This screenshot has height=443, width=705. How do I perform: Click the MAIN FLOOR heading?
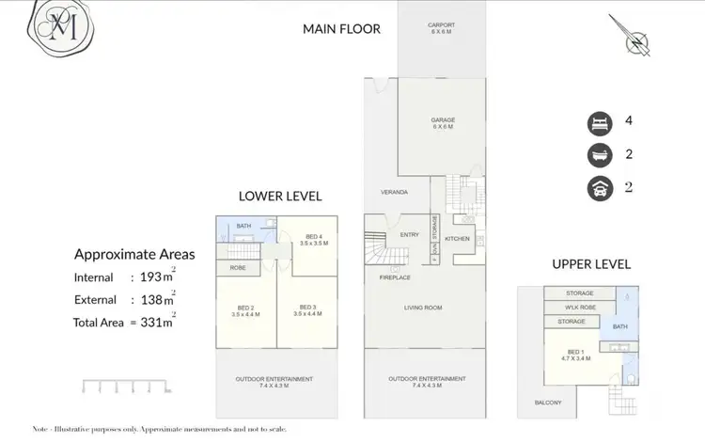341,29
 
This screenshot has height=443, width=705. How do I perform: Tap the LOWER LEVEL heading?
280,197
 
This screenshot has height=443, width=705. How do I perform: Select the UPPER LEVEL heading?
590,264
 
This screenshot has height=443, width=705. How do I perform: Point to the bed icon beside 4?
598,121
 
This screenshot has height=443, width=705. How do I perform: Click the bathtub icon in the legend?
598,154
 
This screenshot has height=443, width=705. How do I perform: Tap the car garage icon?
598,187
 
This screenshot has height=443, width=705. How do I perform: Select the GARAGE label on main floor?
442,120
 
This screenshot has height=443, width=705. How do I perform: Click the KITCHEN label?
457,239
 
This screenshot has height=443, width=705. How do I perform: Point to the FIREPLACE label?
394,277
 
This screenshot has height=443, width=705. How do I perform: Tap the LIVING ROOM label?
424,308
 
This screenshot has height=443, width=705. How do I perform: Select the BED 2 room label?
244,309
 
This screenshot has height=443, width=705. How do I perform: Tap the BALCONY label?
547,403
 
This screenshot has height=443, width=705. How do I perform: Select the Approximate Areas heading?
134,254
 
